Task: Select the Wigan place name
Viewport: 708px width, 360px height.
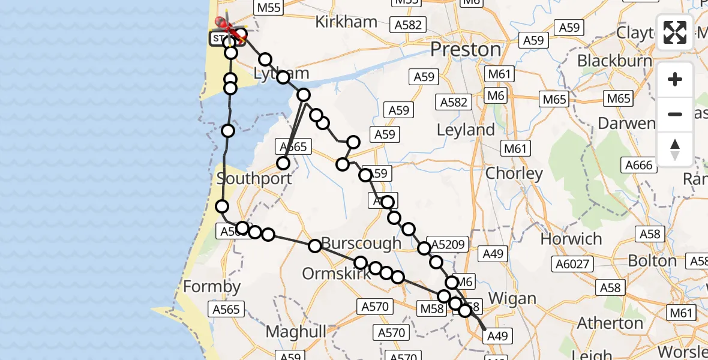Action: [x=512, y=298]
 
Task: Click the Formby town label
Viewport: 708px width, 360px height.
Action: [x=211, y=287]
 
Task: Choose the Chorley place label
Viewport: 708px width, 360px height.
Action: [x=514, y=174]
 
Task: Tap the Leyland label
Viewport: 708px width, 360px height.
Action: [x=466, y=130]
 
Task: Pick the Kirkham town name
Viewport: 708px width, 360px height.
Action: [x=347, y=22]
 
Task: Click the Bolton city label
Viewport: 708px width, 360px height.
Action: [x=652, y=261]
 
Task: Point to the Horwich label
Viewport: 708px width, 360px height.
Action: [x=571, y=239]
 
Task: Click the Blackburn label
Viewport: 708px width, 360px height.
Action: [x=614, y=61]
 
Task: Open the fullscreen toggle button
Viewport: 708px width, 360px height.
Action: [x=675, y=32]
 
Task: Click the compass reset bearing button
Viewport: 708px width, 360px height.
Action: [x=675, y=149]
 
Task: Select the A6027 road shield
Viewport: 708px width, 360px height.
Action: [x=573, y=263]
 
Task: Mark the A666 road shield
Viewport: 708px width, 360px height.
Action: [x=638, y=165]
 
